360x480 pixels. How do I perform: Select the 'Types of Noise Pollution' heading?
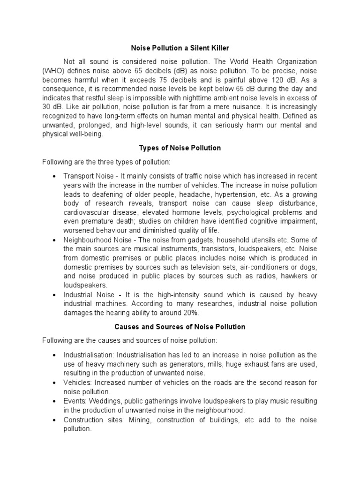point(180,148)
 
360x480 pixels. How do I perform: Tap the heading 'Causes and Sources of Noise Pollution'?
point(180,327)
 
